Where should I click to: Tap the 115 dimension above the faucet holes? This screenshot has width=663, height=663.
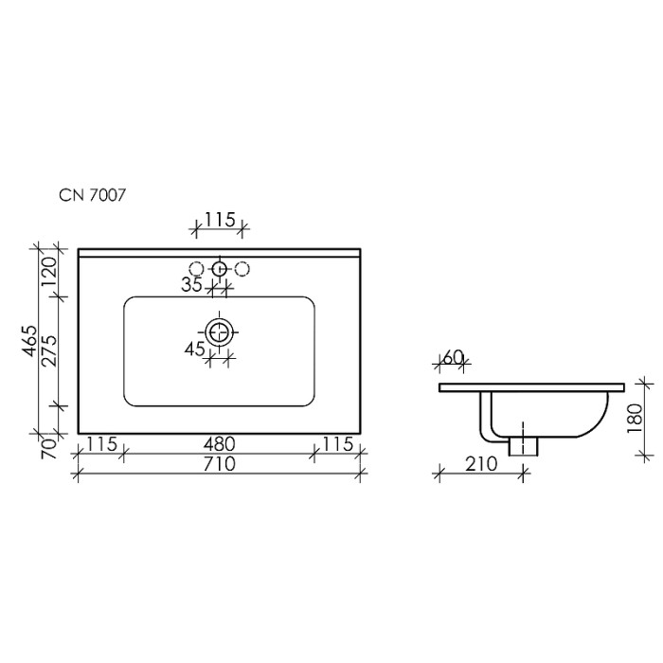[x=219, y=221]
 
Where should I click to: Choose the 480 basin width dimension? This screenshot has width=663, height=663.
[x=218, y=443]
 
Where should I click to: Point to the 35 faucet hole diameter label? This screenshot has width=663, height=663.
[x=192, y=283]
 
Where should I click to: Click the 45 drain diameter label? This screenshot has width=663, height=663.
[x=196, y=349]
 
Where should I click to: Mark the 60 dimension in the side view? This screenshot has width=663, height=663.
[x=452, y=357]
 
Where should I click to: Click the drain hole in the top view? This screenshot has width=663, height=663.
[x=220, y=331]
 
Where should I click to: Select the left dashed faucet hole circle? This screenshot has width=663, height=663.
[x=197, y=268]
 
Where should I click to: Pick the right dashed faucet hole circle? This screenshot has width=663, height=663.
[x=242, y=268]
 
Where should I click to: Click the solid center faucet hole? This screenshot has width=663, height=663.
[x=220, y=268]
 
